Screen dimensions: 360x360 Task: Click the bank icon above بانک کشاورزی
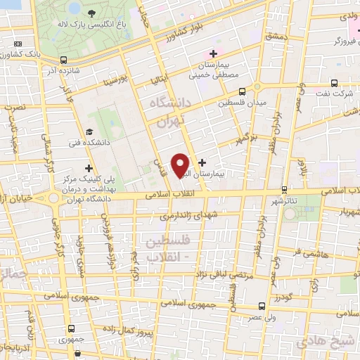[x=18, y=44]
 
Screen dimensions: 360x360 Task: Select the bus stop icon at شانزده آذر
[x=64, y=60]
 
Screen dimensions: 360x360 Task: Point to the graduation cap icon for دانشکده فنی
[x=89, y=131]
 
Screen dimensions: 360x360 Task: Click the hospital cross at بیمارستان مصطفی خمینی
[x=213, y=54]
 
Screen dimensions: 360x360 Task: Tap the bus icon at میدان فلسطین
[x=242, y=91]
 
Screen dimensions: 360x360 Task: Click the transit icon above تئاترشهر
[x=284, y=189]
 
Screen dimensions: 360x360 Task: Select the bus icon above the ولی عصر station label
[x=262, y=306]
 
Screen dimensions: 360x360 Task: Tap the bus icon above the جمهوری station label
[x=70, y=328]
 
